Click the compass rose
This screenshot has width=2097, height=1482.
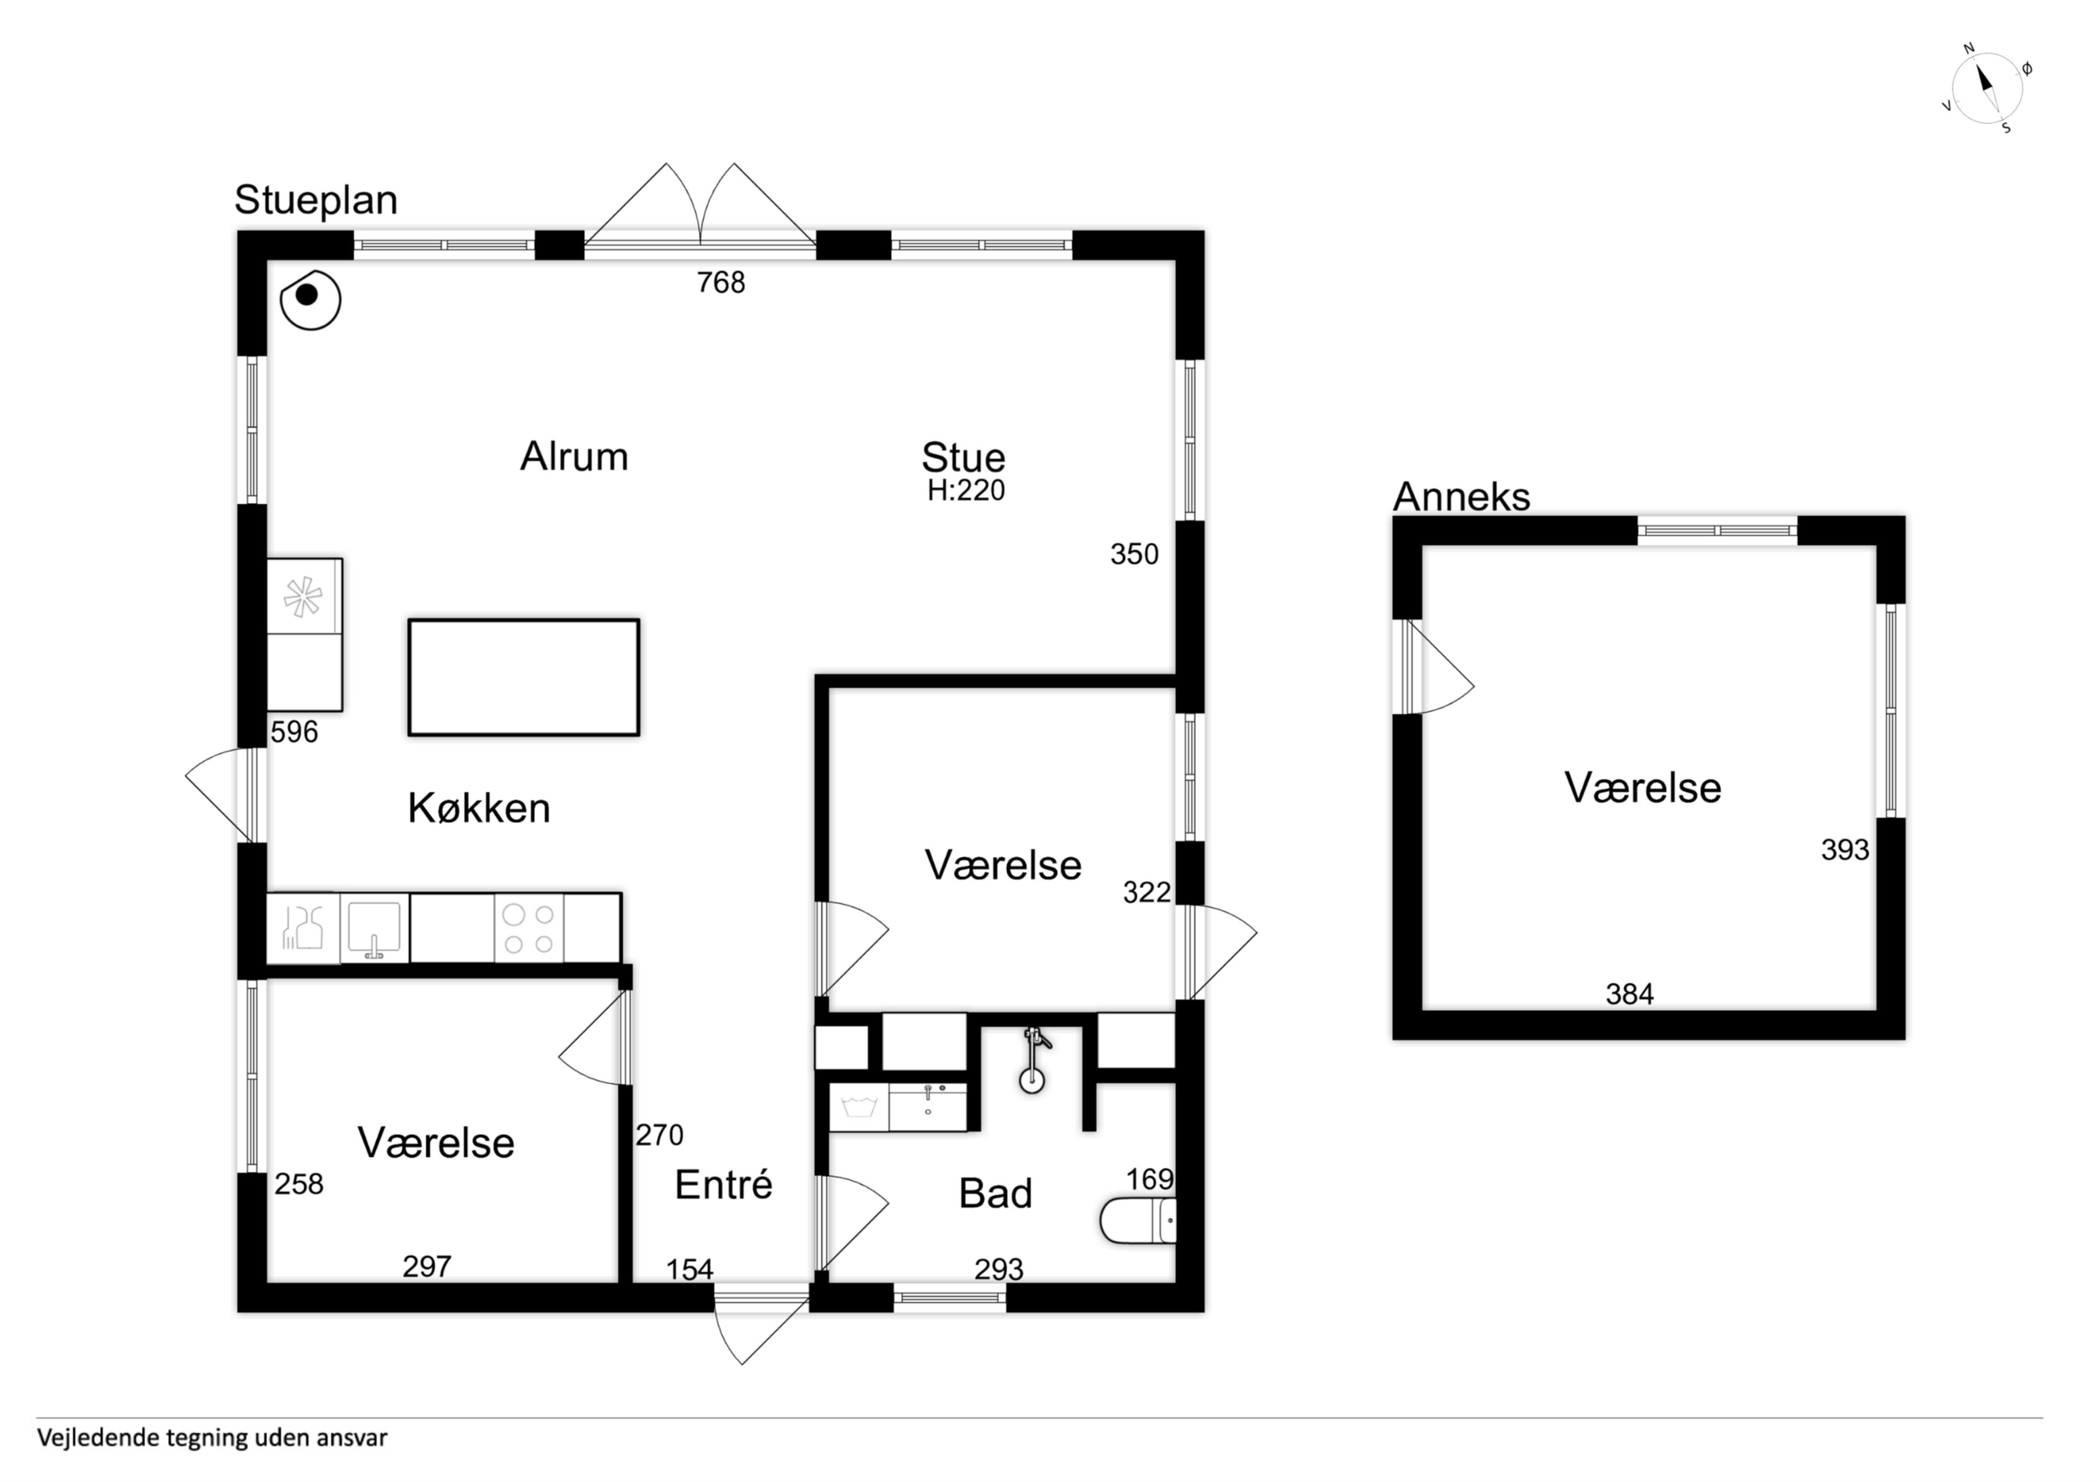click(1987, 88)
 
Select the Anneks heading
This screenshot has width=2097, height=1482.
click(1461, 496)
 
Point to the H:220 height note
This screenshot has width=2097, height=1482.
click(965, 490)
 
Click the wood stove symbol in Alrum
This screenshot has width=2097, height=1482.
click(310, 299)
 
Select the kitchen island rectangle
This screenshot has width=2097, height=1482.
click(523, 678)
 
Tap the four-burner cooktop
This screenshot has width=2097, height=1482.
click(529, 927)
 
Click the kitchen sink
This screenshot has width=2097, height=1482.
click(374, 927)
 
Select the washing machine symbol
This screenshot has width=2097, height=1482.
click(859, 1107)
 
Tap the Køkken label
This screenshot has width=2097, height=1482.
click(479, 808)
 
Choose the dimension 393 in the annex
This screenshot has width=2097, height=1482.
click(1845, 850)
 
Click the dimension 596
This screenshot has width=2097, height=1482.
click(294, 732)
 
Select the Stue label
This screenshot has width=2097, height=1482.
click(963, 457)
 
